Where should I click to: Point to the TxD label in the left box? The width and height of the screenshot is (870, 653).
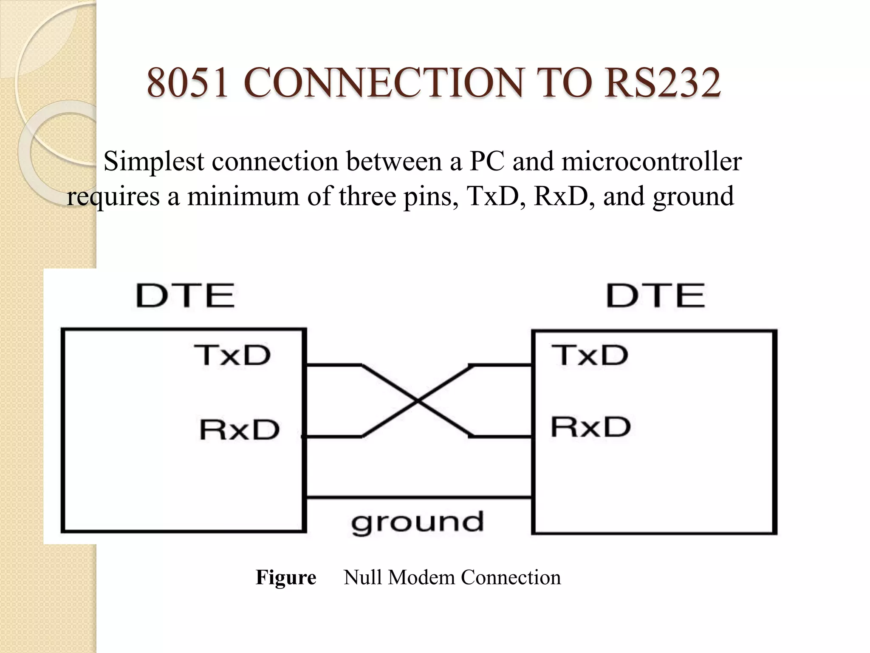(x=232, y=355)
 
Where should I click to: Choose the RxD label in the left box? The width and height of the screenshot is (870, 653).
(x=240, y=430)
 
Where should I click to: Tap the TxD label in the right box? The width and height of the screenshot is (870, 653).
(x=590, y=355)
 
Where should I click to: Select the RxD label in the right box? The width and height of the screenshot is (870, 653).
(x=590, y=427)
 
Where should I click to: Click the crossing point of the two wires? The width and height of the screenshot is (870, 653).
(x=418, y=401)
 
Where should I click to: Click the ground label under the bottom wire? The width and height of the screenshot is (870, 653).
(x=417, y=523)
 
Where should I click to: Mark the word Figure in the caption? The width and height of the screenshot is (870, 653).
(x=286, y=578)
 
